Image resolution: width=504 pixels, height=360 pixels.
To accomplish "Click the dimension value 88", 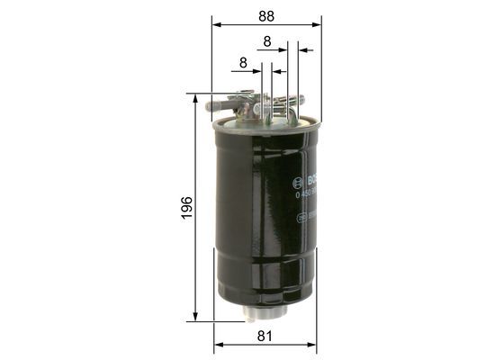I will pyautogui.click(x=265, y=15).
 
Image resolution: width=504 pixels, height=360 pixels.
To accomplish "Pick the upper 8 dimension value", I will pyautogui.click(x=267, y=40).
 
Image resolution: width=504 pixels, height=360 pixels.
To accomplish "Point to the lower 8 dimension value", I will pyautogui.click(x=243, y=63).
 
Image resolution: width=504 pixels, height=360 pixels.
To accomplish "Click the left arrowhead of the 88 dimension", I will pyautogui.click(x=215, y=24).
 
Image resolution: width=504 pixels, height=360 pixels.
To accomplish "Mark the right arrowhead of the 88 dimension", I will pyautogui.click(x=318, y=24).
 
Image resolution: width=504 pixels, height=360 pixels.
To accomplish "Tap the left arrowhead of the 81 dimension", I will pyautogui.click(x=218, y=346).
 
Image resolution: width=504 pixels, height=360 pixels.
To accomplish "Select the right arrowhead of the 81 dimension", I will pyautogui.click(x=316, y=346).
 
